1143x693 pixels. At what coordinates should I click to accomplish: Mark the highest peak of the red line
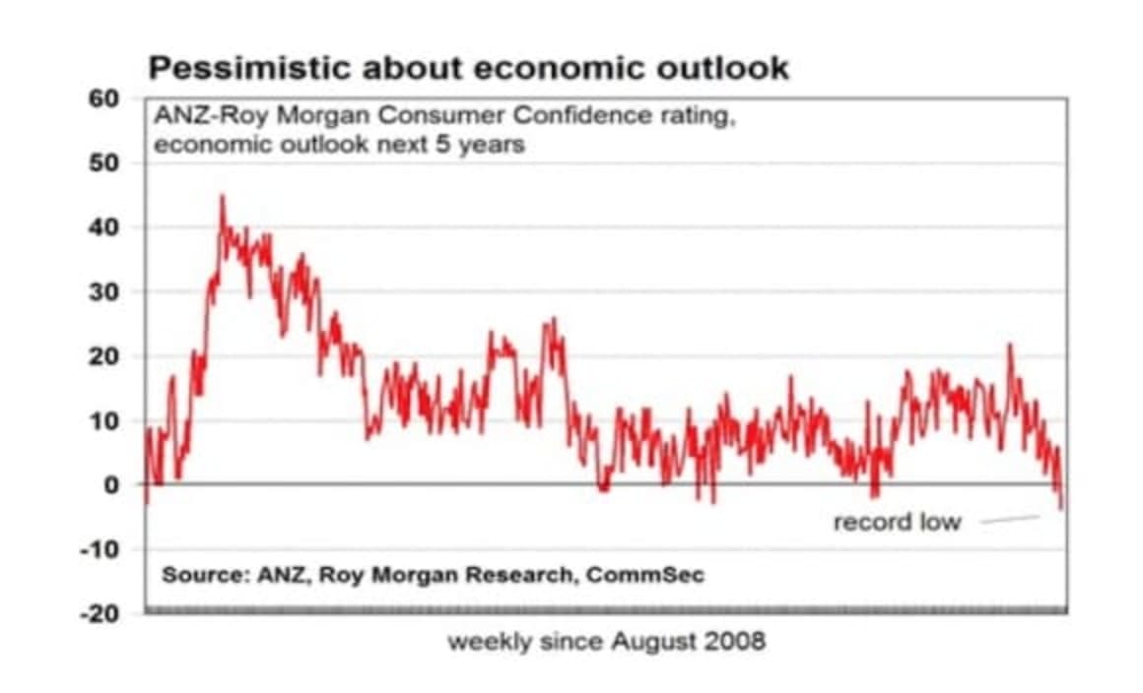tap(222, 197)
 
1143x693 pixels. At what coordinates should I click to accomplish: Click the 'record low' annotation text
tap(897, 522)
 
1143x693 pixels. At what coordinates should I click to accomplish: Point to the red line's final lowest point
tap(1062, 508)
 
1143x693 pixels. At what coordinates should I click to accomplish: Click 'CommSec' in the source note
tap(645, 574)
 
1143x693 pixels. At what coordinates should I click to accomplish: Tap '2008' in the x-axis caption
tap(734, 642)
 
